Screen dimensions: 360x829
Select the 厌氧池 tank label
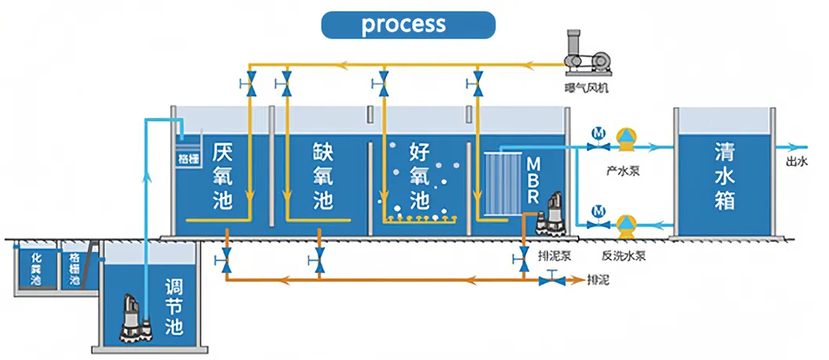pos(222,175)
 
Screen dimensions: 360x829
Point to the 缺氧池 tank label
pos(322,175)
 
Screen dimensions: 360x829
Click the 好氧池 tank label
pos(420,175)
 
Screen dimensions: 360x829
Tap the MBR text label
pos(533,179)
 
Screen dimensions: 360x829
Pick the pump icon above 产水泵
pos(626,139)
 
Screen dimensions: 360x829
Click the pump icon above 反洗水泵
pos(625,225)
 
